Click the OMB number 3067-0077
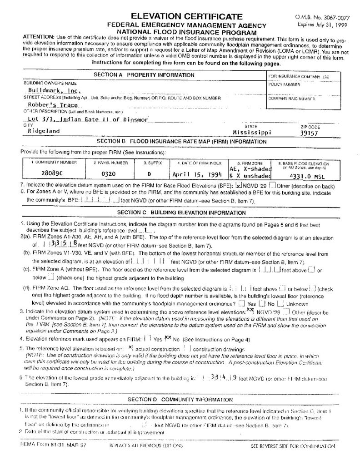[x=319, y=17]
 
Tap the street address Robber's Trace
[x=50, y=105]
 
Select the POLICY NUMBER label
[x=285, y=84]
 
